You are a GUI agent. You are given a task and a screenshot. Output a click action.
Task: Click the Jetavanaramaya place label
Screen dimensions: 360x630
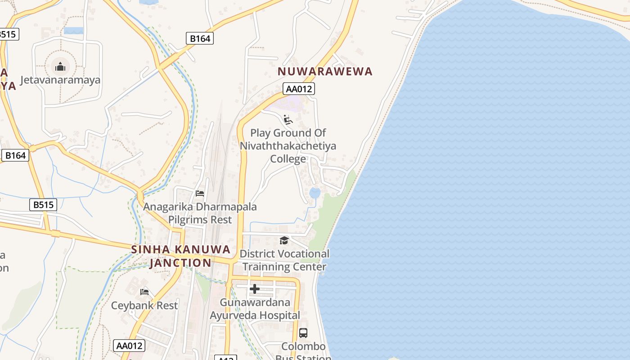click(60, 80)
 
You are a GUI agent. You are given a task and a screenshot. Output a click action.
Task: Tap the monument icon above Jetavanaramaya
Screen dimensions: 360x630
click(60, 67)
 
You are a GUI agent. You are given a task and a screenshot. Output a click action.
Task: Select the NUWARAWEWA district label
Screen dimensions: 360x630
click(325, 71)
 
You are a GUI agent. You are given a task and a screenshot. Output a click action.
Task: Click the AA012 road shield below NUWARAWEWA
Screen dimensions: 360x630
click(299, 89)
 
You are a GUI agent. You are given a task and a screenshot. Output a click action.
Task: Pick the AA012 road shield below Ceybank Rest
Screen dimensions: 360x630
click(129, 346)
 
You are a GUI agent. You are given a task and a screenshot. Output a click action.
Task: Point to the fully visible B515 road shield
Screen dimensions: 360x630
click(44, 205)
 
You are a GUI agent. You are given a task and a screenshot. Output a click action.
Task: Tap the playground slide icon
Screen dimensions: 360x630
click(288, 120)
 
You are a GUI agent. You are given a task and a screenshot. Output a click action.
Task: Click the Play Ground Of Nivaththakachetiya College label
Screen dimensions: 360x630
click(288, 146)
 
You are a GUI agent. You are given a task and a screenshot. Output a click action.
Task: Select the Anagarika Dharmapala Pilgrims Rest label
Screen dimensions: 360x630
click(200, 213)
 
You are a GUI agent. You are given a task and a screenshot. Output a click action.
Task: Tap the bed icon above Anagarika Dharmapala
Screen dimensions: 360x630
click(200, 193)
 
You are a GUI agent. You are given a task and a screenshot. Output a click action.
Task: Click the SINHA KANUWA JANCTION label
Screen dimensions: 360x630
click(181, 256)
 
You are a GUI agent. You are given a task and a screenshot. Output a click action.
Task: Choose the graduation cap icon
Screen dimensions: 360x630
click(284, 241)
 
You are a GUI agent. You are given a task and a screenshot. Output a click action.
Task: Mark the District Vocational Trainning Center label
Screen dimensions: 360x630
click(284, 260)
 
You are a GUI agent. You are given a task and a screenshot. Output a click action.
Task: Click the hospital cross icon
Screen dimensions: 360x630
click(255, 289)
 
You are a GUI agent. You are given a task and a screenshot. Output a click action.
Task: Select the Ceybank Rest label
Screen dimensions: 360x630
click(144, 305)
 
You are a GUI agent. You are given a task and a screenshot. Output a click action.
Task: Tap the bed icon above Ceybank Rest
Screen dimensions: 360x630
click(144, 292)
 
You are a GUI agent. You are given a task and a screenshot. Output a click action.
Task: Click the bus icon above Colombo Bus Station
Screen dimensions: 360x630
click(303, 333)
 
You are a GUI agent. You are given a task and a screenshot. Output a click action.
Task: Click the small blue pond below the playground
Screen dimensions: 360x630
click(315, 193)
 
